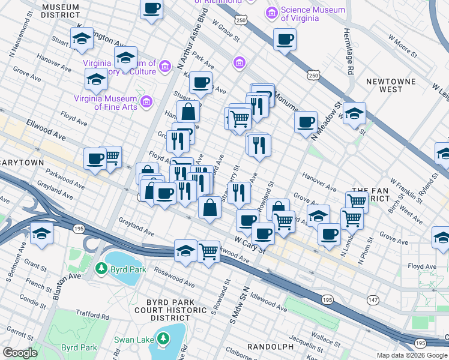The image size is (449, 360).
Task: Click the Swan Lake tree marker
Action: click(x=162, y=340)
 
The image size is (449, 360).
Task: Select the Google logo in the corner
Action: click(x=20, y=353)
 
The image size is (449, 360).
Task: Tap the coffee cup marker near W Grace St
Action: click(x=284, y=40)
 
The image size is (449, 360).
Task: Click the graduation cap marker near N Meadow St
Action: click(x=354, y=112)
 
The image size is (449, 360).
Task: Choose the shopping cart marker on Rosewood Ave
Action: click(x=208, y=251)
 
